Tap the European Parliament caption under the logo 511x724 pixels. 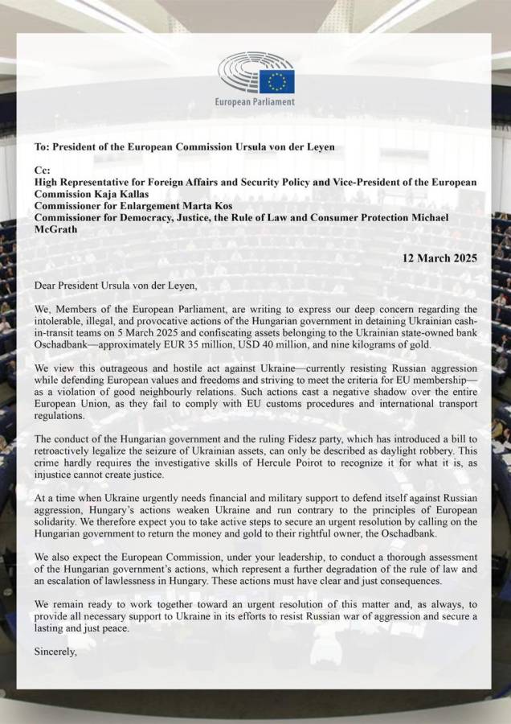(x=255, y=102)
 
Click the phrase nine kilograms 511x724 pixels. (x=392, y=345)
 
